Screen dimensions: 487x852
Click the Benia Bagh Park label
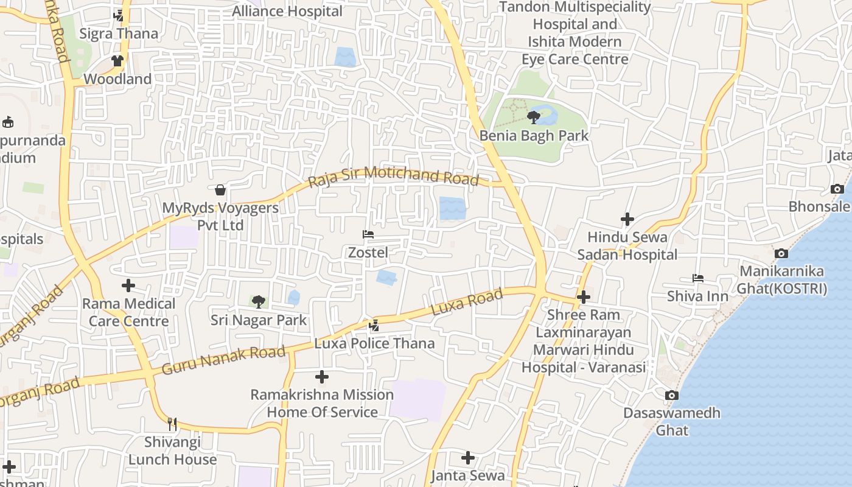(534, 135)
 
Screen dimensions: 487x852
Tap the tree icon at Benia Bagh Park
(534, 116)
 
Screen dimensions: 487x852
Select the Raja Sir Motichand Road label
(393, 177)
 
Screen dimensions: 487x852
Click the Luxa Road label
(467, 303)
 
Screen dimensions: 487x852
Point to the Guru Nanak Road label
(223, 360)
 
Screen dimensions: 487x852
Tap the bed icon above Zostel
(368, 234)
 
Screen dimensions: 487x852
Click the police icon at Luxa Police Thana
(374, 326)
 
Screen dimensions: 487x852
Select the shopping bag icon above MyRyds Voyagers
(220, 190)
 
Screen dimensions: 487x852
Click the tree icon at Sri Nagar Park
(258, 301)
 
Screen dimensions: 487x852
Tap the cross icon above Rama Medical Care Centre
(128, 285)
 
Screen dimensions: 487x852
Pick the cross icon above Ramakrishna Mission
(322, 377)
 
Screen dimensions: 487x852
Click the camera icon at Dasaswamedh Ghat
(671, 395)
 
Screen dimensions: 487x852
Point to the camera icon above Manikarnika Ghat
(781, 253)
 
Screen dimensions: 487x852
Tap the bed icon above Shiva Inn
(697, 278)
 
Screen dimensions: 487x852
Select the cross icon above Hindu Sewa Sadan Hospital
(627, 219)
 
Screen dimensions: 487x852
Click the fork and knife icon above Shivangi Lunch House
(172, 424)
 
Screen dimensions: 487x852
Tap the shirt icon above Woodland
(117, 61)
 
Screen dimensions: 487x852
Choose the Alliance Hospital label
(287, 11)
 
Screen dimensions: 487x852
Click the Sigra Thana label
(119, 33)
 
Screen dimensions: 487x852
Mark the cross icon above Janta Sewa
(467, 457)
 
